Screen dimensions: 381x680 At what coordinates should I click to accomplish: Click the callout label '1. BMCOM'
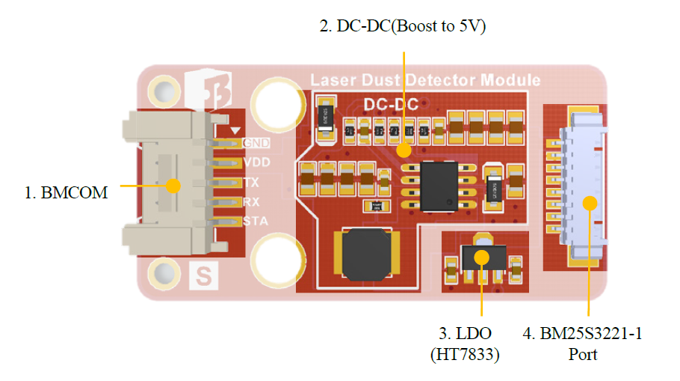[x=66, y=192]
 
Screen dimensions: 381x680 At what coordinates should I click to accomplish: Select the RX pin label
[x=251, y=202]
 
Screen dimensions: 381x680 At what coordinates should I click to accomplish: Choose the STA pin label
[x=254, y=222]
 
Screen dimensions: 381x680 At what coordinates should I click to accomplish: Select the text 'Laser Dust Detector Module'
[x=425, y=80]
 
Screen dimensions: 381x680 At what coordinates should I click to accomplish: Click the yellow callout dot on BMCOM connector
[x=174, y=184]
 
